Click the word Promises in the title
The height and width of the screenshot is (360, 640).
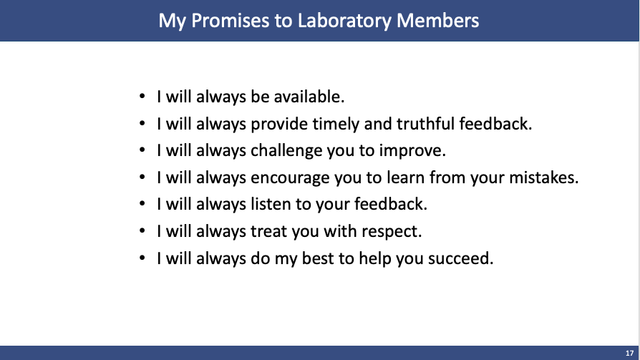tap(231, 21)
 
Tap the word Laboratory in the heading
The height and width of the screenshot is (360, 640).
tap(344, 21)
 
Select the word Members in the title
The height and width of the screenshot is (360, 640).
tap(438, 21)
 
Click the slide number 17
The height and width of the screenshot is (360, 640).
tap(629, 353)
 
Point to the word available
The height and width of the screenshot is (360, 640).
tap(309, 97)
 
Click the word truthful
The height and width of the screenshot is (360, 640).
tap(425, 124)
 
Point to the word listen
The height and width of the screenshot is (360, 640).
tap(271, 204)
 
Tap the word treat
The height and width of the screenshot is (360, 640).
tap(268, 231)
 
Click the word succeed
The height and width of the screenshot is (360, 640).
tap(461, 258)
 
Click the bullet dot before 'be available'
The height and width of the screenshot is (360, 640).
tap(142, 97)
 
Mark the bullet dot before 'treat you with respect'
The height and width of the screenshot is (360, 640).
tap(142, 231)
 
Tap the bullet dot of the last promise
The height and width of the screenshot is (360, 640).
tap(142, 258)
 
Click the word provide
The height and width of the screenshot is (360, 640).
tap(280, 125)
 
